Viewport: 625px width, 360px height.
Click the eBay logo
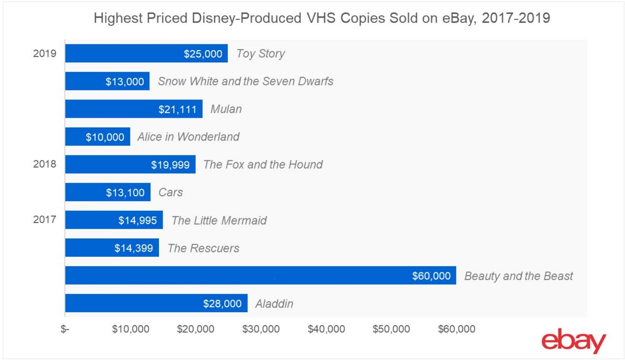(573, 340)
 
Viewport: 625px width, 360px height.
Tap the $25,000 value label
(203, 54)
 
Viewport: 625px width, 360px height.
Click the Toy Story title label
(261, 54)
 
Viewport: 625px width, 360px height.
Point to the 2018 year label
(45, 164)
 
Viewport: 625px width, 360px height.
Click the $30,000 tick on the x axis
(261, 329)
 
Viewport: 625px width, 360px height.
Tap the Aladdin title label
(274, 304)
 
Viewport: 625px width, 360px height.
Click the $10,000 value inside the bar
(105, 137)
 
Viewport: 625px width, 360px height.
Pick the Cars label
(171, 192)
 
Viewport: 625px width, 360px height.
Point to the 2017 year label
(45, 220)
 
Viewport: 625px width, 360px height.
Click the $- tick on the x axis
(65, 329)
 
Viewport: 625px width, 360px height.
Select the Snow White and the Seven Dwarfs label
(246, 81)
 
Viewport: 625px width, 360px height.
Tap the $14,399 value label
(134, 248)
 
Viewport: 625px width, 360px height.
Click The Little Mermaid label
(219, 220)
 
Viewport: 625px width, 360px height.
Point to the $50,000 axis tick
(391, 329)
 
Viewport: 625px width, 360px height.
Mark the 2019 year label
(45, 54)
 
